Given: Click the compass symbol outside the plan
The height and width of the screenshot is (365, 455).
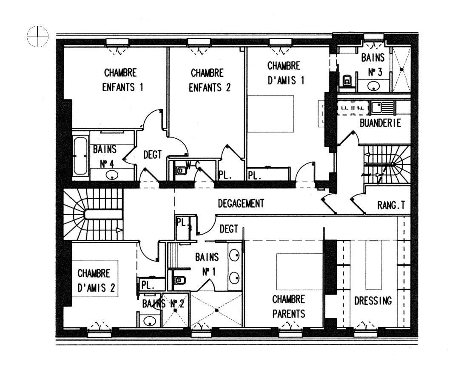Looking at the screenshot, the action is click(37, 36).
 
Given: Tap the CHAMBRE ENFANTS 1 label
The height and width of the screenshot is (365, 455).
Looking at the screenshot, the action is click(122, 80).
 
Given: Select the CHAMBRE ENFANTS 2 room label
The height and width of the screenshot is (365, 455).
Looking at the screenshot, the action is click(209, 80).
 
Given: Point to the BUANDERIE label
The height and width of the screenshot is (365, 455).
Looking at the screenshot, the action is click(380, 123).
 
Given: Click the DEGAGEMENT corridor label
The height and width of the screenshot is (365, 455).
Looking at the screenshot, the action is click(241, 203).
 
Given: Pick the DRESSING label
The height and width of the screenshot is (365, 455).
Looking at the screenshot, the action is click(373, 300).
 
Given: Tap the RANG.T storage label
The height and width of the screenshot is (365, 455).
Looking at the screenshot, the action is click(391, 205).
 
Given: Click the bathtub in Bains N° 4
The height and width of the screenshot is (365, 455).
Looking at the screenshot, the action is click(80, 156).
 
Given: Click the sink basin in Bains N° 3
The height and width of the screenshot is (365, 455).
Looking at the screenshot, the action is click(374, 86).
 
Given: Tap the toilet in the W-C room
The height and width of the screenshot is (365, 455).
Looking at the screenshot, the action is click(181, 171).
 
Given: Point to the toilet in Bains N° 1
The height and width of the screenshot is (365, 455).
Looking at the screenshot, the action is click(180, 280).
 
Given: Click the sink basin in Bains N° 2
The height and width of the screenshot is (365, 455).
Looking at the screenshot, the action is click(150, 321).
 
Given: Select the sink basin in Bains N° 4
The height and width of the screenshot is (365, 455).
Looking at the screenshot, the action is click(112, 175).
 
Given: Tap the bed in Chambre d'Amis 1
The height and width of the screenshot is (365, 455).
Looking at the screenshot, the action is click(270, 114).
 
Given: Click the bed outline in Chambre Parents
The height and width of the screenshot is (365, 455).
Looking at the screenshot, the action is click(299, 272).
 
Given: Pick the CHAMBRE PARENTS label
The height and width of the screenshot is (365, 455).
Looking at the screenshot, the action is click(288, 306).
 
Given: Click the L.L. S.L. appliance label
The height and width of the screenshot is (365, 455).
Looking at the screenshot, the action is click(353, 108).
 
